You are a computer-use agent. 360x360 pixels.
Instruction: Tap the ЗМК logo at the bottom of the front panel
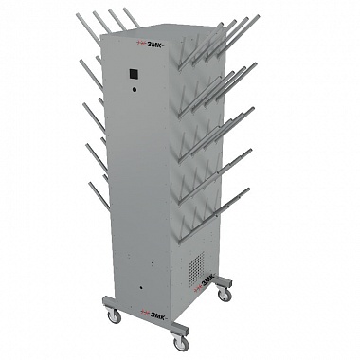click(155, 312)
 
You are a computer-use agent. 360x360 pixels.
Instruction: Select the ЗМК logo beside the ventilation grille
click(204, 279)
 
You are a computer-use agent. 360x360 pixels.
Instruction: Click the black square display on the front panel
click(134, 75)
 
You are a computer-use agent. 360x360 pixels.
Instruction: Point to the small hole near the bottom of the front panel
click(141, 288)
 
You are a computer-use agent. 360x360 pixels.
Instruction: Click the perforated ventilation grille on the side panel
click(197, 268)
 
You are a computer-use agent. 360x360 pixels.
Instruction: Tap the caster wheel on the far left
click(115, 316)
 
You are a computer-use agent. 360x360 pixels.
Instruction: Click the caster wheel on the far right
click(225, 295)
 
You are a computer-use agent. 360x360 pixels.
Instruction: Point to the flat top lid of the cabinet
click(164, 29)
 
